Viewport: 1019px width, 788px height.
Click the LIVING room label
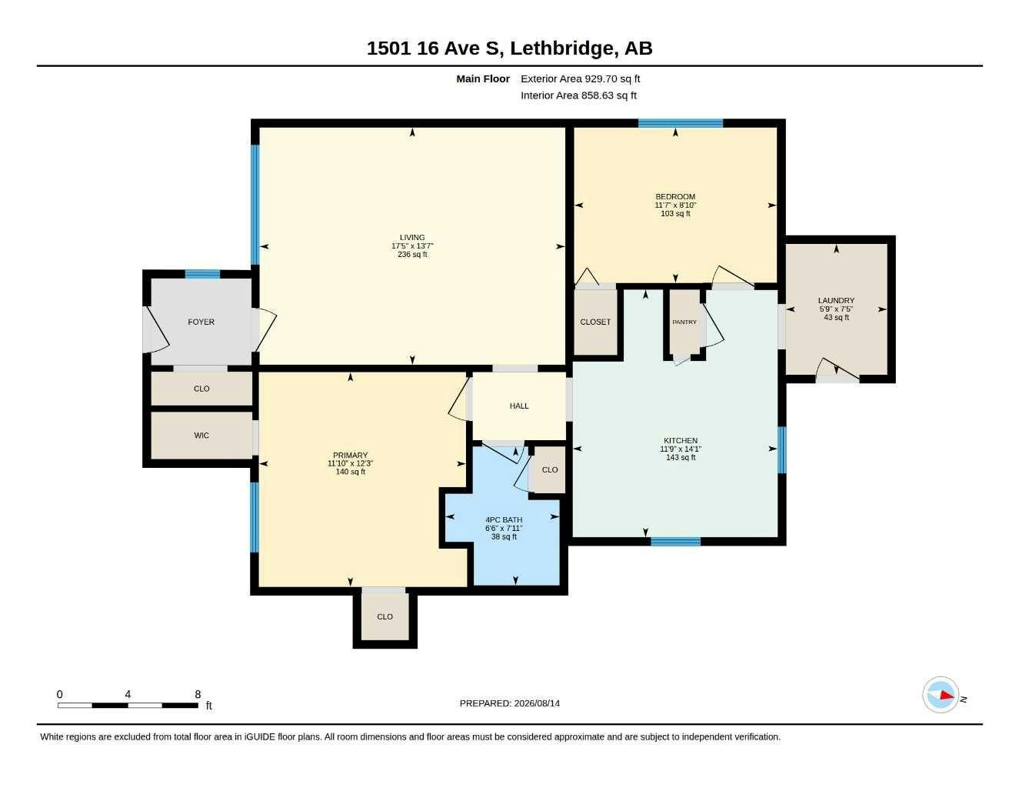pos(412,237)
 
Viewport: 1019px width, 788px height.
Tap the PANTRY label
pos(684,322)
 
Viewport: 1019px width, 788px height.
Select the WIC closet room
pos(201,436)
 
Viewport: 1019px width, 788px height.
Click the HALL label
pos(519,406)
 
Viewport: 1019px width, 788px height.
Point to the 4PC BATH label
pos(504,519)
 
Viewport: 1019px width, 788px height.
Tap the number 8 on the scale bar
pos(198,694)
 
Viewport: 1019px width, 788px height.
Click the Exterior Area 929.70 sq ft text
pos(580,78)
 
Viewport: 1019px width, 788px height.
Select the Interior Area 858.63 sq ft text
pos(578,95)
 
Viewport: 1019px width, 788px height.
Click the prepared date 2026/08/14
pos(537,703)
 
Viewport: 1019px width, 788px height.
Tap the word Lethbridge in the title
pos(561,48)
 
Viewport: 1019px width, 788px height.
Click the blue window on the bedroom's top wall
pos(681,123)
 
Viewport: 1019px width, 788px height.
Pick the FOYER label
pos(201,322)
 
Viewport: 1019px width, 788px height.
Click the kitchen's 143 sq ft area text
pos(681,457)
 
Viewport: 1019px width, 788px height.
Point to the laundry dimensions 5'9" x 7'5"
pos(836,309)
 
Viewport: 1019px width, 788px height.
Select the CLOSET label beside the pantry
pos(595,322)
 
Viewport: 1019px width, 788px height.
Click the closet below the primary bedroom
pos(385,617)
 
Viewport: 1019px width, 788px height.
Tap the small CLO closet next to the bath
pos(550,469)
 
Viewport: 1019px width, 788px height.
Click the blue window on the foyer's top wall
pos(202,275)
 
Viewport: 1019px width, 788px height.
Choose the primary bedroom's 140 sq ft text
pos(350,472)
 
